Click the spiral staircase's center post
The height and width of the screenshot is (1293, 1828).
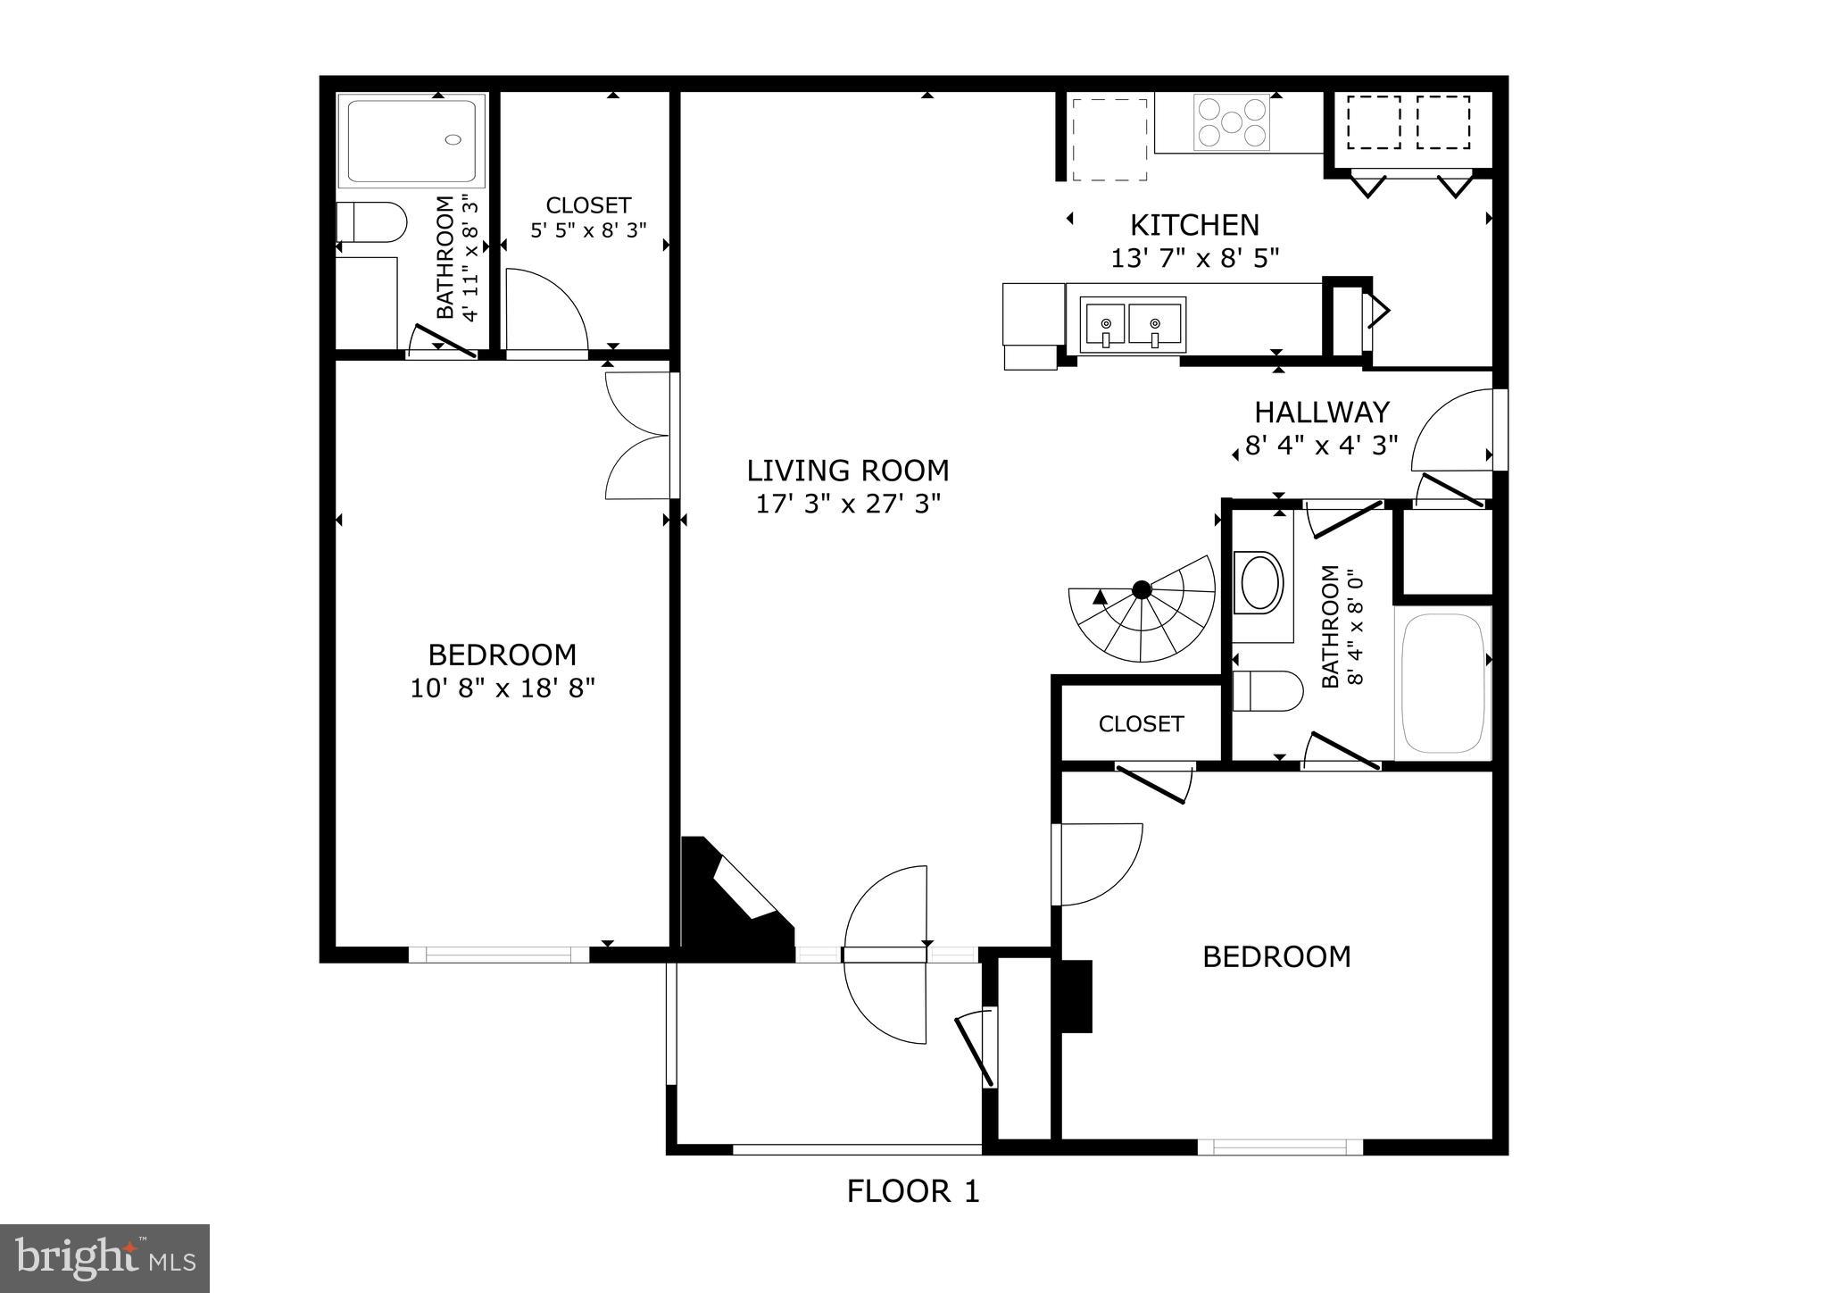[1141, 589]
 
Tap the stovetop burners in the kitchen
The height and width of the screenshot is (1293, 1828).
[1232, 121]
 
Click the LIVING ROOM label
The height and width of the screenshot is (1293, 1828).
[847, 471]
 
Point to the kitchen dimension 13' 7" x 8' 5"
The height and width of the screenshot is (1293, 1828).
[1194, 259]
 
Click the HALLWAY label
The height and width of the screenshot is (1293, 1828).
[1321, 413]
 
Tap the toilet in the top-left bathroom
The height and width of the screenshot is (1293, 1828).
[371, 221]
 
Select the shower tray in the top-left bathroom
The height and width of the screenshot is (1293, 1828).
[412, 141]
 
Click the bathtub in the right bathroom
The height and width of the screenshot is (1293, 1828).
[1442, 683]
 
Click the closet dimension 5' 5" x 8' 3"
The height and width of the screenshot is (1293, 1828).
[588, 231]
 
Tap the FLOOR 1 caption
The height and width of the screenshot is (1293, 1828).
[912, 1191]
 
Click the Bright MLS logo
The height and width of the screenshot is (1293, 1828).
[104, 1258]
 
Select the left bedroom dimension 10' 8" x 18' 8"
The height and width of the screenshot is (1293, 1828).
[503, 688]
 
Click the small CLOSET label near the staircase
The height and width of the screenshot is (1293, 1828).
[1140, 723]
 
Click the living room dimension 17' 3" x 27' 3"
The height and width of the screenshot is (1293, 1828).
[847, 505]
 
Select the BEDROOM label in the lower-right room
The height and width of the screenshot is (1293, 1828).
[1275, 957]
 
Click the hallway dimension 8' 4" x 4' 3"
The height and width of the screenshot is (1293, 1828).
[1321, 446]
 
